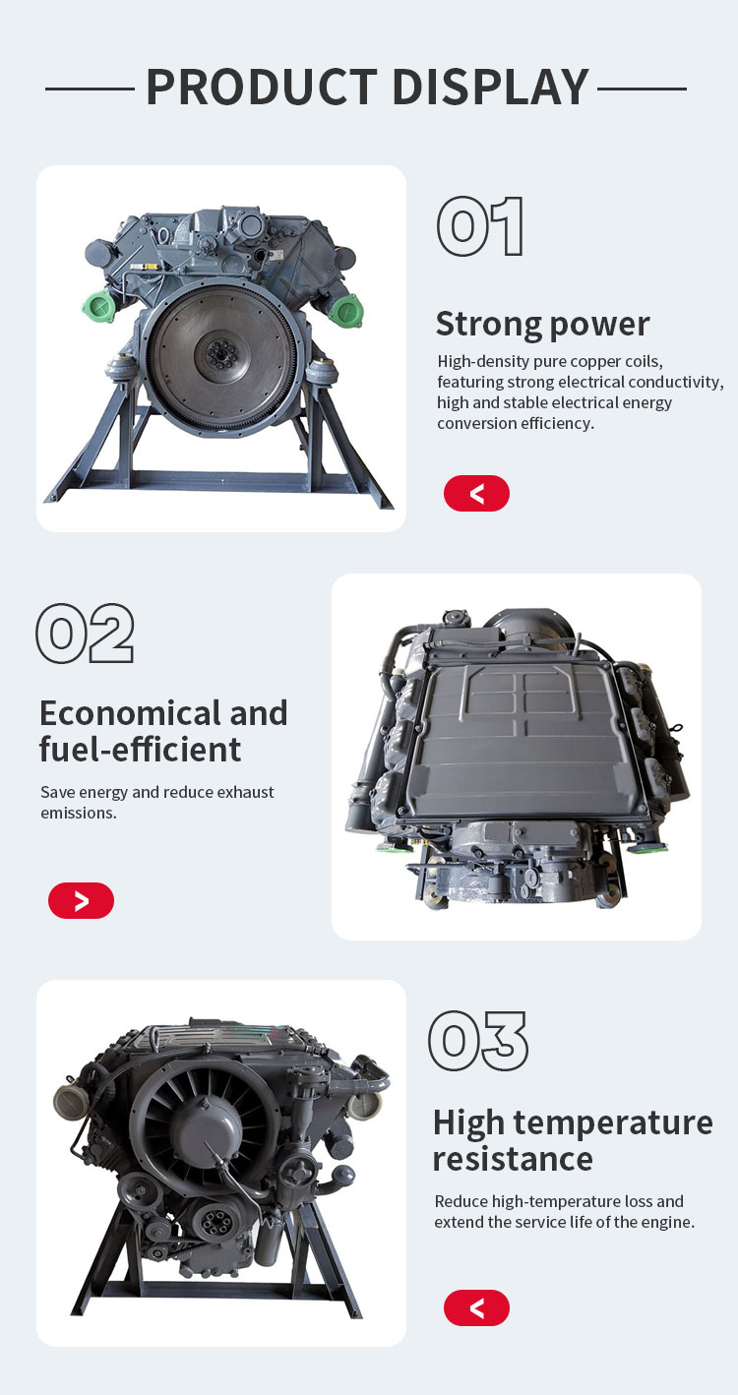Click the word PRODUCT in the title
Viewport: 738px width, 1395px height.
pos(262,87)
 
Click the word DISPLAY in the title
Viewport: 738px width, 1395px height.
pos(491,87)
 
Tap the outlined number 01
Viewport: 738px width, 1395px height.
pos(480,226)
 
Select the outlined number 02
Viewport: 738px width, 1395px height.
pos(85,633)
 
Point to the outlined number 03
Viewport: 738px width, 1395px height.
pos(478,1041)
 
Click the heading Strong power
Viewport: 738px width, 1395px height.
pos(542,325)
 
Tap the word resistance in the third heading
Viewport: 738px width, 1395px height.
pos(513,1159)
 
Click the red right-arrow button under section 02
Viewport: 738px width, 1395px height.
pos(81,900)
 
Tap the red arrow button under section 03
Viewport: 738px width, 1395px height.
pos(476,1307)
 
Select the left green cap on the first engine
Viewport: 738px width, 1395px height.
pos(98,307)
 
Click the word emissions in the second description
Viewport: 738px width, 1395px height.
pos(79,813)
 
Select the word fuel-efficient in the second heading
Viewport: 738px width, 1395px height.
pos(140,750)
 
